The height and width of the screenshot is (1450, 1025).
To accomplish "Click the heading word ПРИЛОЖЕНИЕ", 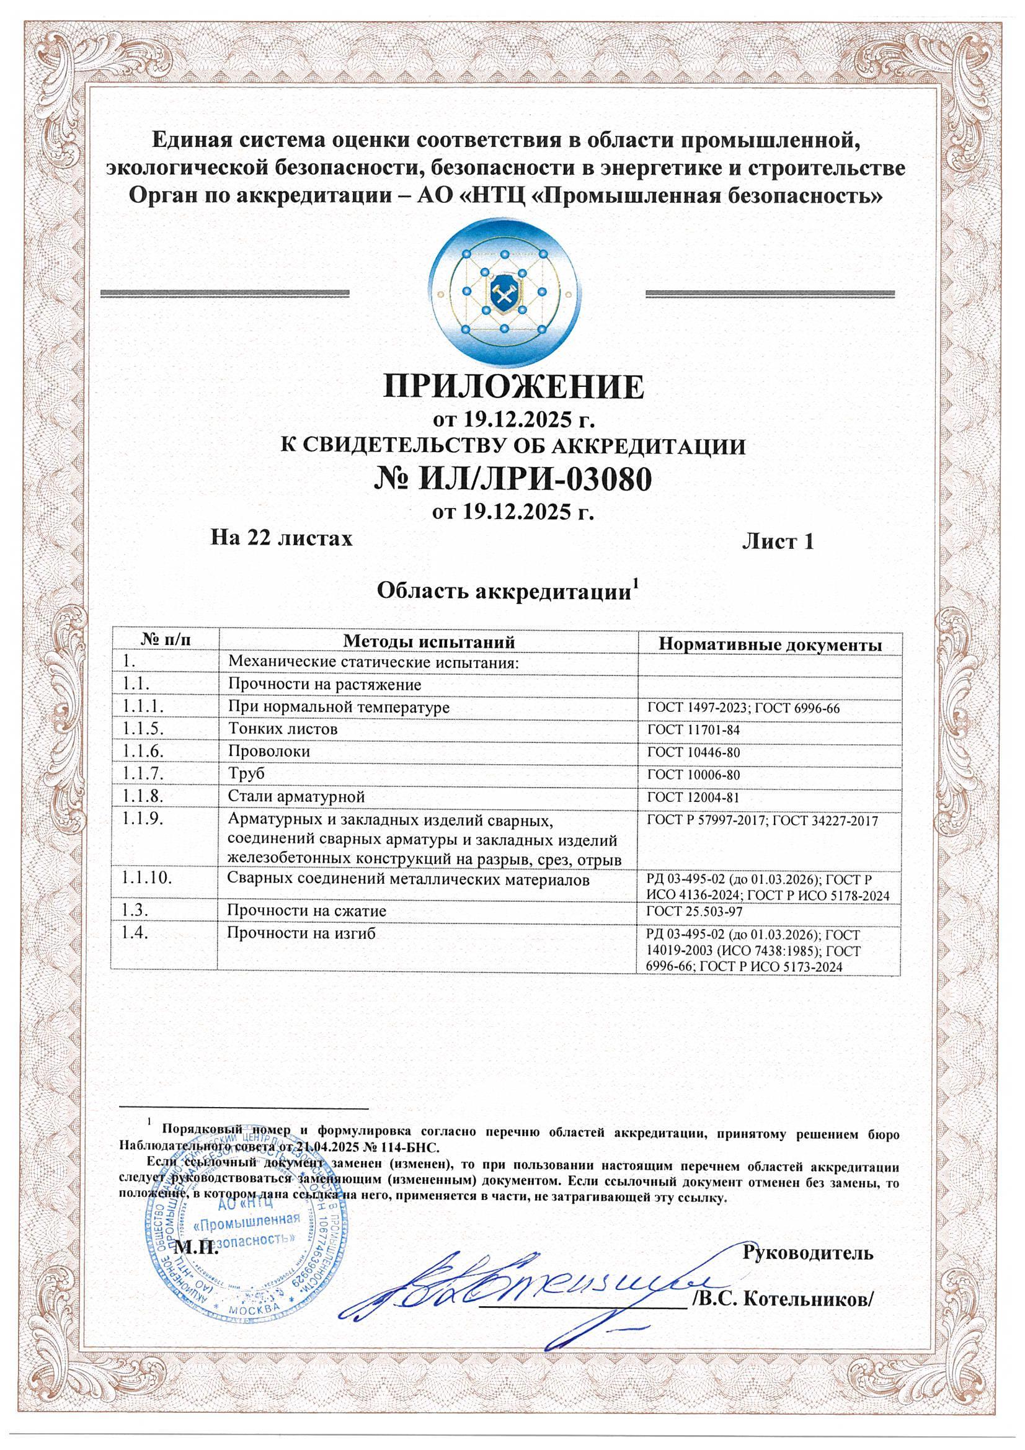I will pos(513,387).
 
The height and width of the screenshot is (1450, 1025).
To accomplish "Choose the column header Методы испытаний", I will pos(429,641).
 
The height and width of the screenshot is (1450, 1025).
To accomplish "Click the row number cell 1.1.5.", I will pos(143,729).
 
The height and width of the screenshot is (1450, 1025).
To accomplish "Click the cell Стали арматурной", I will pos(296,796).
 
